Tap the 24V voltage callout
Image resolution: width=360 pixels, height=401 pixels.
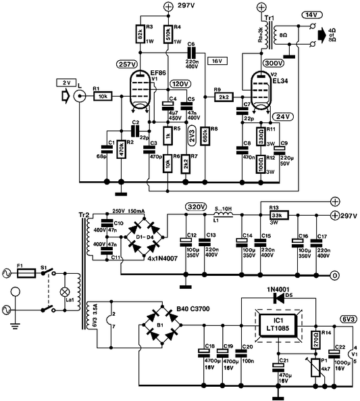click(282, 116)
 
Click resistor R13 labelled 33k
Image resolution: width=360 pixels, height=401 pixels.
click(278, 215)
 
